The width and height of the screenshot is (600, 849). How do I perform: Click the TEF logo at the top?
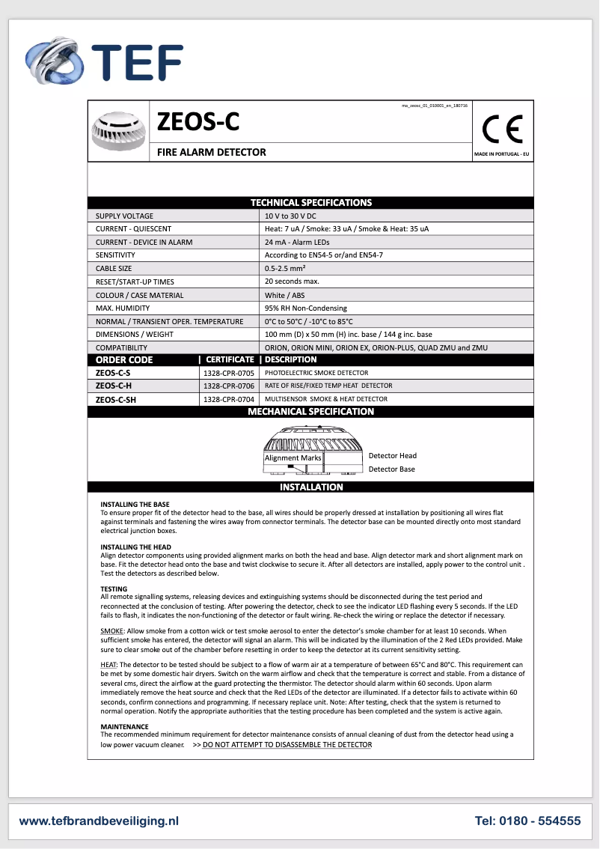click(105, 61)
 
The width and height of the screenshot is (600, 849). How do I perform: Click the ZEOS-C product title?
click(198, 121)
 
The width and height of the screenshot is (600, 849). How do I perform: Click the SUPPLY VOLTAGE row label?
click(124, 216)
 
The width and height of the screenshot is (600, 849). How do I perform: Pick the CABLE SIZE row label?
click(114, 268)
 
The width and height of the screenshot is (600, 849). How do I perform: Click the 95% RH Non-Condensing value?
click(306, 308)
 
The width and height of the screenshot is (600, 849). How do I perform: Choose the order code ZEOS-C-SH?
click(116, 400)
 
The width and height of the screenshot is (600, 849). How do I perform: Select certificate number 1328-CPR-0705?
click(228, 373)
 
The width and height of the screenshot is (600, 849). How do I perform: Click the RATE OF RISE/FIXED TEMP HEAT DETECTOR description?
click(328, 386)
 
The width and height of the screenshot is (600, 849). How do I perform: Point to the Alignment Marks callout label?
click(293, 457)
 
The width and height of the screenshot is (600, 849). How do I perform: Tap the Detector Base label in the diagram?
click(391, 469)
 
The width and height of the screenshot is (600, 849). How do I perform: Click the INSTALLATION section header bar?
click(311, 487)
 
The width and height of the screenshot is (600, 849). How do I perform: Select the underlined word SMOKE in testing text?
click(112, 631)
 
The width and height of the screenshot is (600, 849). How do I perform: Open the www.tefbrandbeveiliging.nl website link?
click(99, 821)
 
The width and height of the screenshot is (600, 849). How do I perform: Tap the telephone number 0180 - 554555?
click(527, 821)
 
